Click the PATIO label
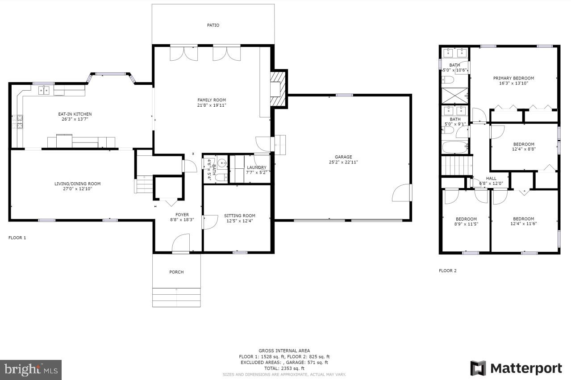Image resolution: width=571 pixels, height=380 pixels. point(213,25)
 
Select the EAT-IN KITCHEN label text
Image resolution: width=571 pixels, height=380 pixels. point(75,114)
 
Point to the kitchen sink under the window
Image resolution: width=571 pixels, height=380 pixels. point(44,91)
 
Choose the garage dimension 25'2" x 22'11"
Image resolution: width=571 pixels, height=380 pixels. point(343,163)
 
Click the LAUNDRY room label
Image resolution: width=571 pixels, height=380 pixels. point(256,167)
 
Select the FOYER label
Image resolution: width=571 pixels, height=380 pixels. point(182,215)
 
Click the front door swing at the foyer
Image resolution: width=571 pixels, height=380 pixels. point(180,243)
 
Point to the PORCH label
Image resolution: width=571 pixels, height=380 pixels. point(176,272)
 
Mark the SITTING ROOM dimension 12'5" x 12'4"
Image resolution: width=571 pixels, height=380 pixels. point(239,221)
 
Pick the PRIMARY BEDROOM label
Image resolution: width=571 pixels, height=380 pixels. point(513,78)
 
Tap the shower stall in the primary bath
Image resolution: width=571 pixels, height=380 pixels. point(454,96)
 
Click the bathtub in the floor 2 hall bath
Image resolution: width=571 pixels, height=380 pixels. point(454,147)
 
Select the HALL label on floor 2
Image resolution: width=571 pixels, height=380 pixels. point(491,178)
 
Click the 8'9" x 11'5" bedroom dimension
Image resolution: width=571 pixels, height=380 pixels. point(466,224)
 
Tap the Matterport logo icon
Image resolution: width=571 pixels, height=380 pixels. point(478,368)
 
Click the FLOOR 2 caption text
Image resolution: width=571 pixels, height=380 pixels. point(447,271)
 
